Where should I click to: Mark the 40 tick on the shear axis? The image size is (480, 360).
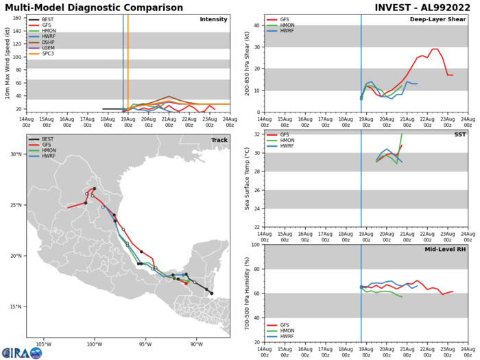pos(256,26)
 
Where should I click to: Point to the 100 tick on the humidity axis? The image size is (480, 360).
pos(254,245)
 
